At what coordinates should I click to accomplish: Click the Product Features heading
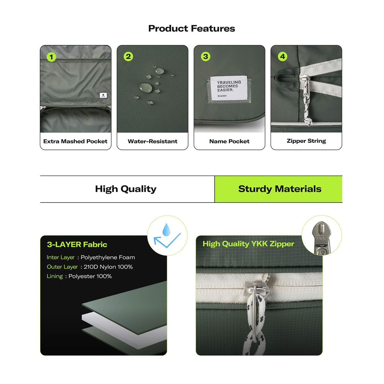point(191,28)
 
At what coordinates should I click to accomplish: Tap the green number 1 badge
point(52,57)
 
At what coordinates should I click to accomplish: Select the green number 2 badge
point(128,57)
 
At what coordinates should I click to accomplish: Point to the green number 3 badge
point(205,56)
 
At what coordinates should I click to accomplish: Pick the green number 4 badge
point(282,57)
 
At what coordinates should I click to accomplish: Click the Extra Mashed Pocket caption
point(75,141)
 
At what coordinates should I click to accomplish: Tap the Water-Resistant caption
point(152,141)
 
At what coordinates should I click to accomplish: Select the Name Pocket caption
point(229,141)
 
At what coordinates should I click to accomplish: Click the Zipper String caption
point(306,141)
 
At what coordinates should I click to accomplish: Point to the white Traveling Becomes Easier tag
point(229,88)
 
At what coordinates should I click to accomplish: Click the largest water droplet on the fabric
point(146,87)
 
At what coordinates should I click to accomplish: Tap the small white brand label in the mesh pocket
point(103,95)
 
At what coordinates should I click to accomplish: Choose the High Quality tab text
point(126,189)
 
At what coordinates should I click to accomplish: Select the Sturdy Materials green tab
point(278,189)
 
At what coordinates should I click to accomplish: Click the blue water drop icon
point(166,230)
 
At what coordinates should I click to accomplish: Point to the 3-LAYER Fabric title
point(77,244)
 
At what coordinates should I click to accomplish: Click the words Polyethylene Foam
point(108,258)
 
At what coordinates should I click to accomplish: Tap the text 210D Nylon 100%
point(108,267)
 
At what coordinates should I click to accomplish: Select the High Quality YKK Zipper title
point(248,244)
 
